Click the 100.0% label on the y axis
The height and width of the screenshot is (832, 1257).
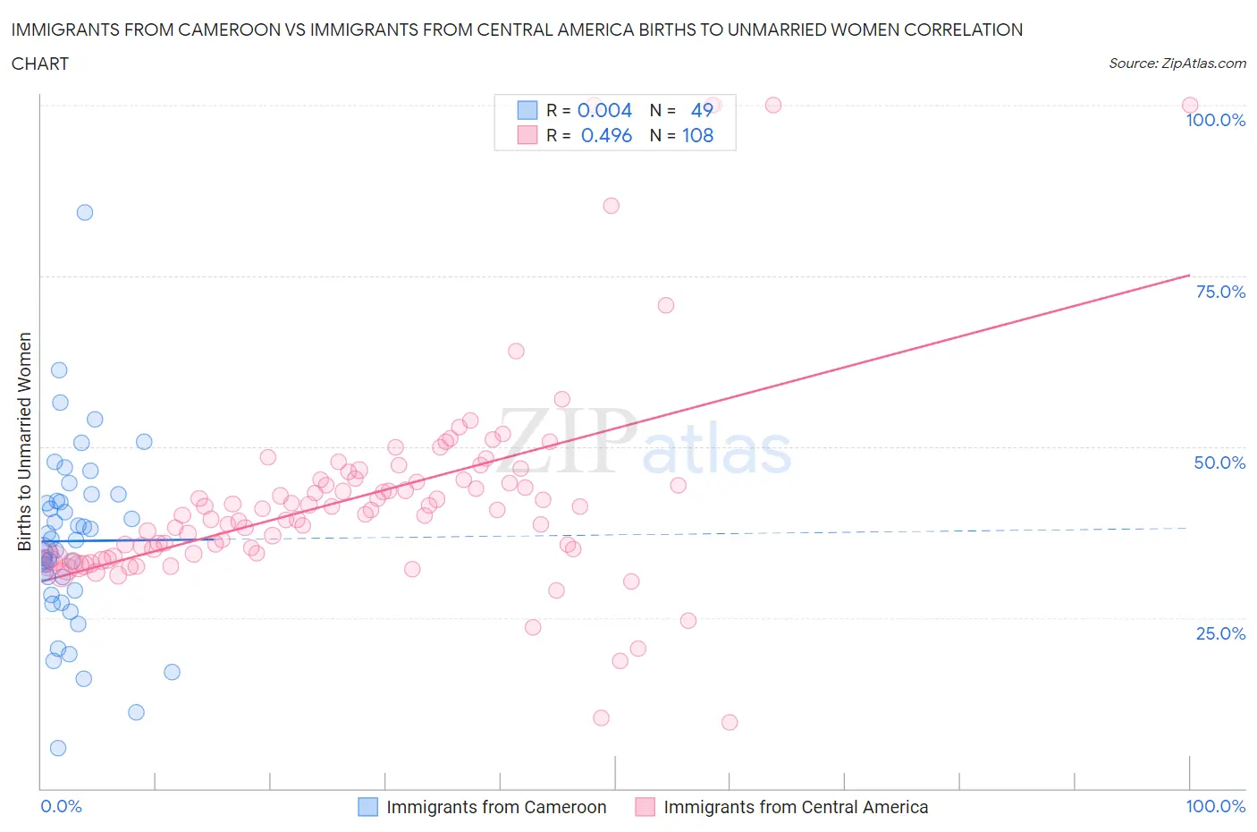click(1215, 120)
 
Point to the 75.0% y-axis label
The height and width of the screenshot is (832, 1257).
click(1220, 292)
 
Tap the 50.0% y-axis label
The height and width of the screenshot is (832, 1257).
click(1219, 463)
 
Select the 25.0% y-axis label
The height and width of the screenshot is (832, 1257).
click(1220, 633)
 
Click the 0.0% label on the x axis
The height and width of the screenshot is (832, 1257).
click(61, 806)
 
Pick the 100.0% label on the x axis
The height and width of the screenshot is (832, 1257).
click(1215, 806)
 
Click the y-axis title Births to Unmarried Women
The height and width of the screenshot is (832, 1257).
click(24, 442)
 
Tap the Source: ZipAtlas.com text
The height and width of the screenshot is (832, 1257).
click(1177, 63)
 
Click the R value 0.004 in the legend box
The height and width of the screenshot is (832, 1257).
click(604, 110)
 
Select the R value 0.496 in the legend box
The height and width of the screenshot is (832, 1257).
click(606, 135)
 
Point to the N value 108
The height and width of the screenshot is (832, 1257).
click(697, 135)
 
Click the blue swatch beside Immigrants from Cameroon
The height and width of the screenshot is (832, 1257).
click(368, 807)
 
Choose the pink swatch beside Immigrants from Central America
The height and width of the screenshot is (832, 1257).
click(645, 807)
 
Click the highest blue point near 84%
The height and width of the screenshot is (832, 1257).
click(85, 212)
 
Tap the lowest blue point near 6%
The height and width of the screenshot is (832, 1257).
click(58, 748)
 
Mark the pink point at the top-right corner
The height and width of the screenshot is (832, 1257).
click(1189, 105)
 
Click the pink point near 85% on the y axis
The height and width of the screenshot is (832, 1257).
click(611, 206)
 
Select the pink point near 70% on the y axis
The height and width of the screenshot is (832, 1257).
click(665, 305)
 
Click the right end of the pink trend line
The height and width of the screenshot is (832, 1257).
click(1189, 275)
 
